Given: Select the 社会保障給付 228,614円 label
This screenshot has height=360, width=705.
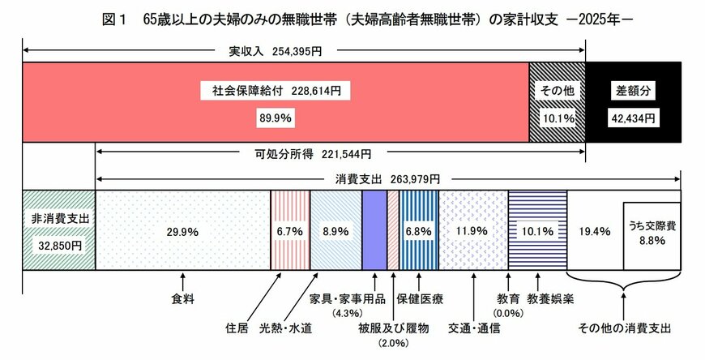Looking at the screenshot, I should point(276,92).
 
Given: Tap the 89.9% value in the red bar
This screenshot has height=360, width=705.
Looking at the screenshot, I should point(276,118).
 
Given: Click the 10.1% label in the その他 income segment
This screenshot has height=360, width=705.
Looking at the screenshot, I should point(557,118).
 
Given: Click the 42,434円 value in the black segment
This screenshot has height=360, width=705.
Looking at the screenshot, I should point(633,118).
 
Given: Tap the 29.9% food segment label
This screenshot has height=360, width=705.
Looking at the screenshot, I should point(182,231).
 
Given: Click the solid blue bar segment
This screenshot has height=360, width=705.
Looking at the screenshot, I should point(374,231).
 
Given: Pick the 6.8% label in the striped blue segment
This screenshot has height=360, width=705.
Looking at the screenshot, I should point(419,231).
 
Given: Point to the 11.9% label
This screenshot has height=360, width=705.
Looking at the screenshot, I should point(472,231).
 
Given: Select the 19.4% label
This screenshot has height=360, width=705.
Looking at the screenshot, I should point(594,231).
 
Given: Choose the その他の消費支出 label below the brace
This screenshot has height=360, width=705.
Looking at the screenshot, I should point(624,328).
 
